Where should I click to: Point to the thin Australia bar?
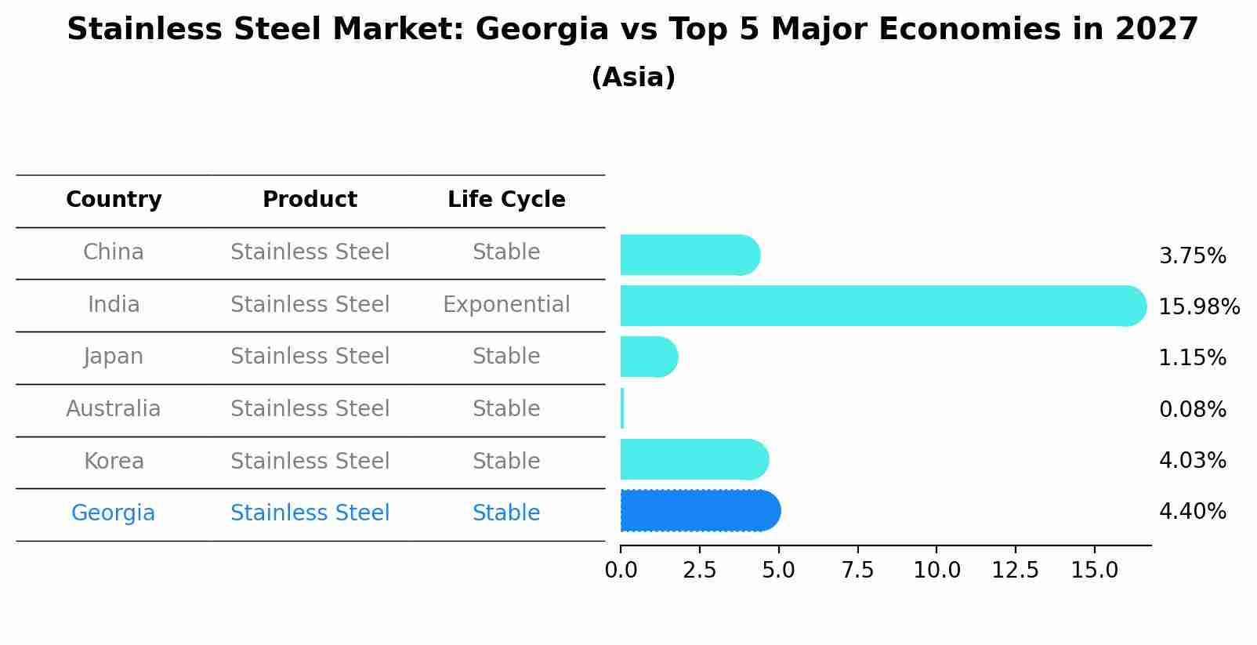click(622, 408)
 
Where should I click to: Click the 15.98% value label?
click(1199, 306)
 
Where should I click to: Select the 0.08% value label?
click(1192, 409)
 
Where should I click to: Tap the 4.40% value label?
click(1192, 512)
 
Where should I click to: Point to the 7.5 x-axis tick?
click(857, 571)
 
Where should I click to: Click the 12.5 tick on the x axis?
click(1015, 571)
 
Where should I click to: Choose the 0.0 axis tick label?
click(621, 571)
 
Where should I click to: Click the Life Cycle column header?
click(506, 200)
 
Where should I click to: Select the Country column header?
click(114, 200)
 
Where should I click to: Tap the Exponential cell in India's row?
click(506, 305)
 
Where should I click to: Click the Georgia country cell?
click(114, 513)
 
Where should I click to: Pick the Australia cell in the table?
click(114, 409)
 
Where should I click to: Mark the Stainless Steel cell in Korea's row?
click(310, 462)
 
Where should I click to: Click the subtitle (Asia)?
click(633, 78)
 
